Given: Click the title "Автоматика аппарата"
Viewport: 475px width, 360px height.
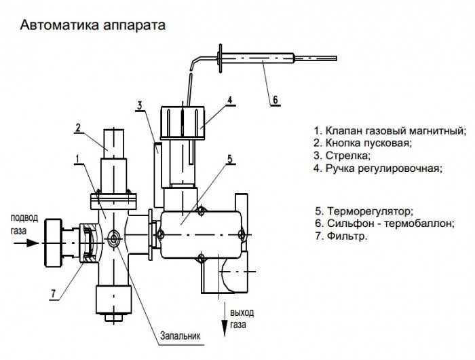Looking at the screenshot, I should pos(93,26).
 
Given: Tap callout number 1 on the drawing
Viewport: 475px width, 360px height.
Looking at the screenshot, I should pos(78,159).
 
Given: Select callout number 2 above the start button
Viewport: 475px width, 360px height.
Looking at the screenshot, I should pos(79,127).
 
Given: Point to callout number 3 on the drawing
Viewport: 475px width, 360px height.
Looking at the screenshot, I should pos(138,105).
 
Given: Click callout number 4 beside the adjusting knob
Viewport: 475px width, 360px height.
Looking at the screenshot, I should pos(230,100).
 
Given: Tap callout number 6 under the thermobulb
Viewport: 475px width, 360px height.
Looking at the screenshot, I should pos(275,100).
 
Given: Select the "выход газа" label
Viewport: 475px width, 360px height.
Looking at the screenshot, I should pos(242,319).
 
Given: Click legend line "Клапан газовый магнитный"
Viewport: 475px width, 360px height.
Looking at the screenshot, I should pos(390,130).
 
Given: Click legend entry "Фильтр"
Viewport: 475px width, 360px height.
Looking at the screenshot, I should pos(341,236).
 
